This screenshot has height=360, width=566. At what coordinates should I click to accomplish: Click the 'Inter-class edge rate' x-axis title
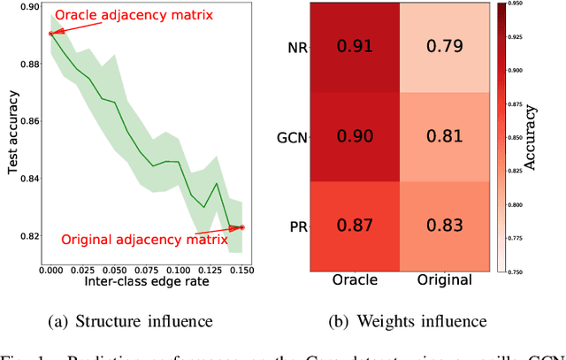pos(145,280)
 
